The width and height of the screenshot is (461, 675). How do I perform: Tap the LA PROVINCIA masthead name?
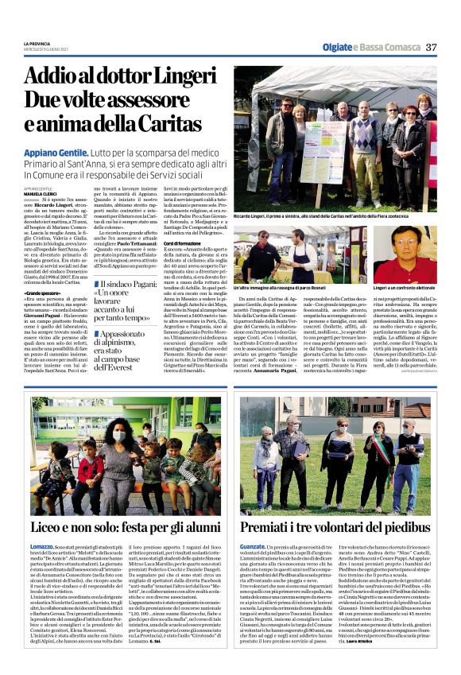pyautogui.click(x=37, y=43)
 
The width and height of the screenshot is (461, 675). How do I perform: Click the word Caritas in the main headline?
pyautogui.click(x=173, y=124)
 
